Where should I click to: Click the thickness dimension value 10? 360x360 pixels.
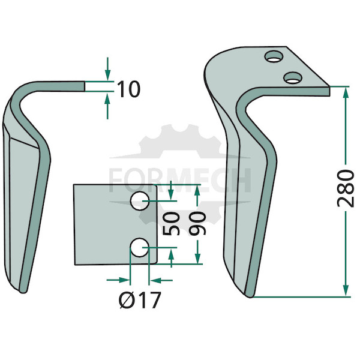tap(128, 89)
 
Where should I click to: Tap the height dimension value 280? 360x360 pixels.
tap(346, 188)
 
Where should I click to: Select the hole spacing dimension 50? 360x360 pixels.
tap(171, 224)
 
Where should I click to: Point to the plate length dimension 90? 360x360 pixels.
tap(197, 224)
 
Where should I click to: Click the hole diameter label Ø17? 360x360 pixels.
tap(140, 300)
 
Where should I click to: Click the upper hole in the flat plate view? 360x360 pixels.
tap(140, 201)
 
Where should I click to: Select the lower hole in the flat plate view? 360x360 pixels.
tap(140, 247)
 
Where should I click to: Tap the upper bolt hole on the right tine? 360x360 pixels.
tap(274, 56)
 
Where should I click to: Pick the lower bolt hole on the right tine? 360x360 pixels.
tap(293, 78)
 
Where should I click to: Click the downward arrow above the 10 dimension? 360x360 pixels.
tap(107, 69)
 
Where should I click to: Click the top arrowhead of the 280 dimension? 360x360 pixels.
tap(346, 92)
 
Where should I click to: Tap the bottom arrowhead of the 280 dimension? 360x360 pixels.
tap(346, 291)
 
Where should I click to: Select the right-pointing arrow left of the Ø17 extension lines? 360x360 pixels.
tap(118, 280)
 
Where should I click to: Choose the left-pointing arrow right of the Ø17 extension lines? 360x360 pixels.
tap(161, 280)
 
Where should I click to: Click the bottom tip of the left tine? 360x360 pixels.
tap(23, 293)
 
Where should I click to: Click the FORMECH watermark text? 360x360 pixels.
tap(180, 180)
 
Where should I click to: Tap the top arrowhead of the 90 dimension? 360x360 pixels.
tap(197, 191)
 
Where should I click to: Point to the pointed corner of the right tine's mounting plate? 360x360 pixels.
tap(329, 87)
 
